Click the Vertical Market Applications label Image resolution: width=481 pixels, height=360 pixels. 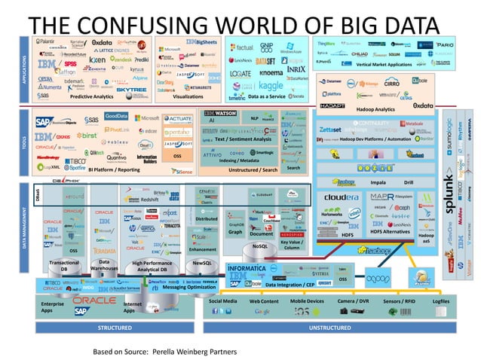point(384,65)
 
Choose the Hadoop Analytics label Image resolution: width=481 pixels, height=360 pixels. point(375,109)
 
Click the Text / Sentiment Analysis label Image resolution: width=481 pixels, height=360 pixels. point(243,139)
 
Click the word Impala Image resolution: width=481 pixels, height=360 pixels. point(378,182)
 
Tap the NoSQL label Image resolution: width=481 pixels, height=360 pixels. point(260,246)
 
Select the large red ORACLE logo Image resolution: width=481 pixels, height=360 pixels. point(95,301)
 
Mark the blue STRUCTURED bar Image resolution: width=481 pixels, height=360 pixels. point(114,328)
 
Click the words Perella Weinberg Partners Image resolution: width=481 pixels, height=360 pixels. point(195,351)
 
